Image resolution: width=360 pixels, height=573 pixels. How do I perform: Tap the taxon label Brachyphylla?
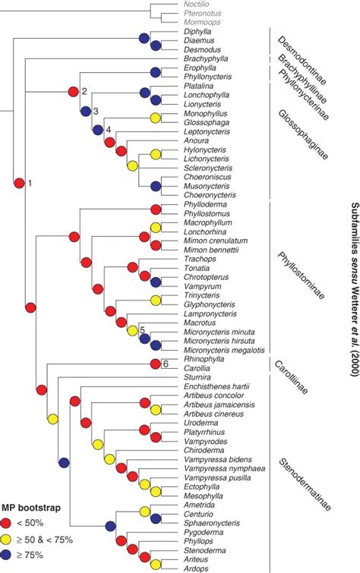(203, 58)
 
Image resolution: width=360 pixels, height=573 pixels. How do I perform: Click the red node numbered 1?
(18, 183)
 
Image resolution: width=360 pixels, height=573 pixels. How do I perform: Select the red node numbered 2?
(73, 92)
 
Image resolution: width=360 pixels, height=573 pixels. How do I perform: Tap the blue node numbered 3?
(85, 112)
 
